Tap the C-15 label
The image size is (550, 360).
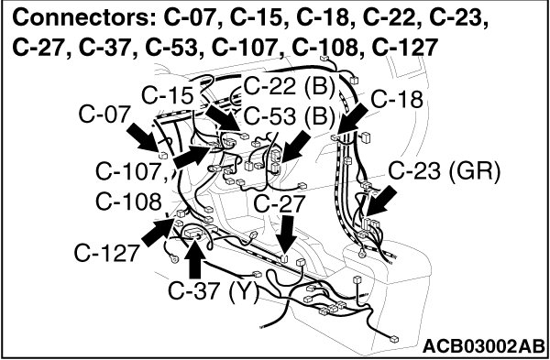tap(168, 95)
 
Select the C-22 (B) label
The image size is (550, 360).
tap(289, 86)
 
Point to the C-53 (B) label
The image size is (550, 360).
tap(289, 116)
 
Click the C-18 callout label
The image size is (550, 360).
tap(397, 99)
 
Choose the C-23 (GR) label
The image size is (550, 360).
tap(444, 173)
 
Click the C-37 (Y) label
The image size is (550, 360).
tap(214, 291)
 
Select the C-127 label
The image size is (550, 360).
tap(107, 254)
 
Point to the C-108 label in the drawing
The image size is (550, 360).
tap(128, 202)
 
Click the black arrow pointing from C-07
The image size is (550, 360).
tap(142, 137)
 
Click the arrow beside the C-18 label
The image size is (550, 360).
tap(353, 121)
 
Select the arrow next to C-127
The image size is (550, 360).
tap(158, 232)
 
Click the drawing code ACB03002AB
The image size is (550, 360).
tap(483, 346)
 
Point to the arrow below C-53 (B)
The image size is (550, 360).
tap(296, 147)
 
